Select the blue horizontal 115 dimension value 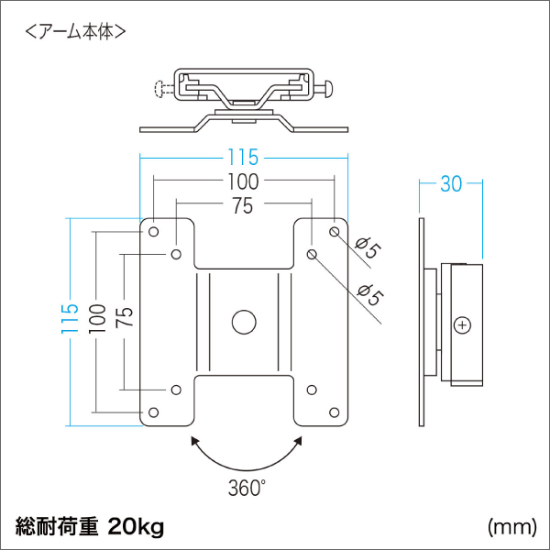pos(245,158)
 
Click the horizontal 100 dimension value pos(245,182)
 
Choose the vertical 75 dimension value pos(125,318)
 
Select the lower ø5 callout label pos(368,295)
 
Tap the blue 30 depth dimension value pos(450,183)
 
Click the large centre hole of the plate pos(244,323)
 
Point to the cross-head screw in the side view pos(463,324)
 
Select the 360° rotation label pos(247,487)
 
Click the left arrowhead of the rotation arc pos(195,443)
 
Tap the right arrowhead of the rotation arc pos(296,443)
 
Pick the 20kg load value pos(135,527)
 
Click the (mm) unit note pos(511,527)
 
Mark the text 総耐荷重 pos(57,527)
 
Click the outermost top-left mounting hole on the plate pos(153,232)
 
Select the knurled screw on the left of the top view pos(161,89)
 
